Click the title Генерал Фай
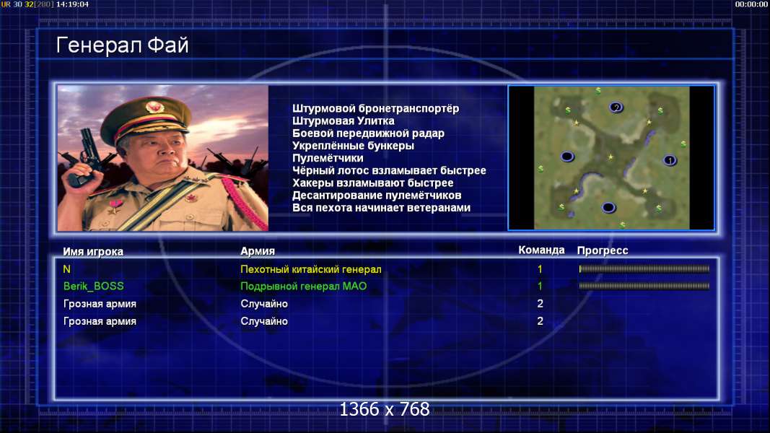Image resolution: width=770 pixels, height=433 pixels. pos(122,45)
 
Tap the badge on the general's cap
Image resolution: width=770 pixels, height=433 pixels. pos(154,108)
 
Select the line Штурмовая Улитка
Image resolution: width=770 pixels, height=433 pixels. pos(343,121)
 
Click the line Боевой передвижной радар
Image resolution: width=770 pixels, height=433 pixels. pos(368,133)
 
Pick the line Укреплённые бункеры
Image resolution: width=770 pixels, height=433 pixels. pos(353,146)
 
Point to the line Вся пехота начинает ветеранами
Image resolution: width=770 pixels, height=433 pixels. pos(381,208)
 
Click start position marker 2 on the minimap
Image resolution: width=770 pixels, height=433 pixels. pos(616,108)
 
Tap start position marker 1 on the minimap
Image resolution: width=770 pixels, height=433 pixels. pos(670,160)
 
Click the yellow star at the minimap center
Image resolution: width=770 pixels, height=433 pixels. pos(611,157)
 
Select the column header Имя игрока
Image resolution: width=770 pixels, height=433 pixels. pos(93,251)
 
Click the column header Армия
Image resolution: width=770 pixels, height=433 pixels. pos(258,251)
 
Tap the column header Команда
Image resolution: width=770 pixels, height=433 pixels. pos(541,250)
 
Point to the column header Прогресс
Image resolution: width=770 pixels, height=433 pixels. pos(602,250)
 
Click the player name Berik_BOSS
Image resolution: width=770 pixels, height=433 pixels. pos(93,287)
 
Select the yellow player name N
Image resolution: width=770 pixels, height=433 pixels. pos(67,269)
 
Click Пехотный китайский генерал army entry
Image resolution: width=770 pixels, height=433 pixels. pos(311,269)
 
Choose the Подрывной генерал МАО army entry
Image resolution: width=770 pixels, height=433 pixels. pos(304,287)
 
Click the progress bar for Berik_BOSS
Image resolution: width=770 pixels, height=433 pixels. pos(644,286)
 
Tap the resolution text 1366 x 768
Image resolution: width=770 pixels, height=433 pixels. pos(385,409)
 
